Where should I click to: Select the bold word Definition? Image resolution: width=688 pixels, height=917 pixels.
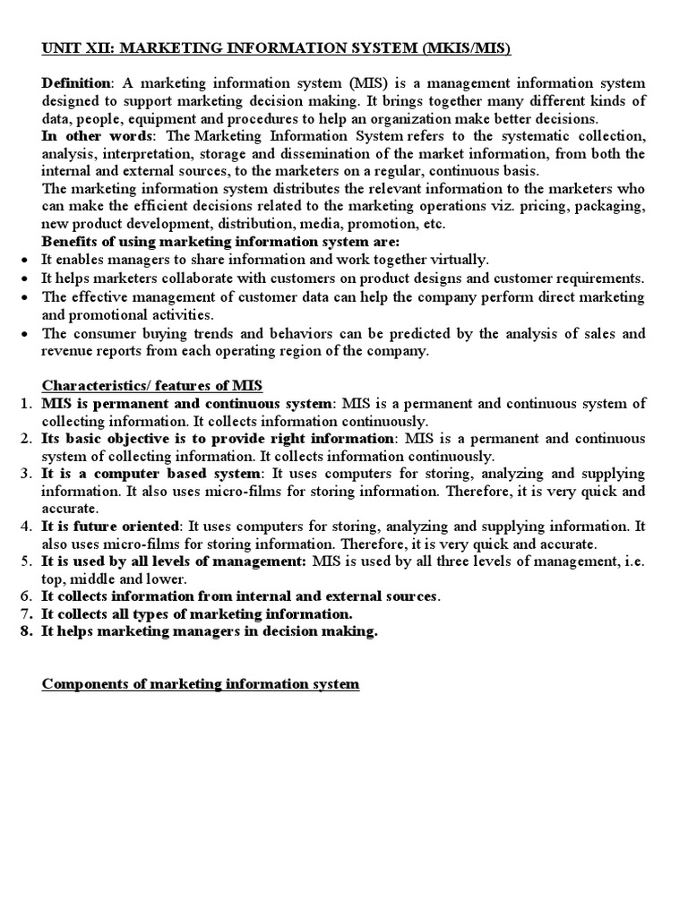[x=74, y=83]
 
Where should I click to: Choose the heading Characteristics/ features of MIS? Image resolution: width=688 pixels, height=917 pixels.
[x=152, y=386]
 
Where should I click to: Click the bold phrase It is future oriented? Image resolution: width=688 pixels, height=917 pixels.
[x=111, y=527]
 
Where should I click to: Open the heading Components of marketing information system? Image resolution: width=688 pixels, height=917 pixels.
[x=201, y=684]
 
